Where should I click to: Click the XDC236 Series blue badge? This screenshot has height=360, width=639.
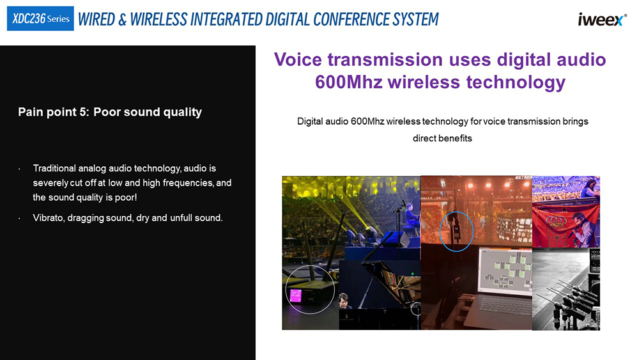[40, 19]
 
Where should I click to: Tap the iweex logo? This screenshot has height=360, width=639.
[602, 20]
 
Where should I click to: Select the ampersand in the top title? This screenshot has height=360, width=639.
[123, 20]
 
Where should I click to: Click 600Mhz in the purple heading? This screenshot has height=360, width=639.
[349, 82]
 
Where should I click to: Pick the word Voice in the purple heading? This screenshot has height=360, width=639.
[298, 59]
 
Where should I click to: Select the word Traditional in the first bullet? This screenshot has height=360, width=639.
[54, 168]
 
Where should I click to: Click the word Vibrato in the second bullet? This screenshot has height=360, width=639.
[49, 217]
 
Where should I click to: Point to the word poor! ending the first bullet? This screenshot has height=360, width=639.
[126, 198]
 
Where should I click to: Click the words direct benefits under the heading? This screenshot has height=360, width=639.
[442, 138]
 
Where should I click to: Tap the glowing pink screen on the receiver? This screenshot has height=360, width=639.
[295, 295]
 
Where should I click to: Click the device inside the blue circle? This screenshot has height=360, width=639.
[456, 230]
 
